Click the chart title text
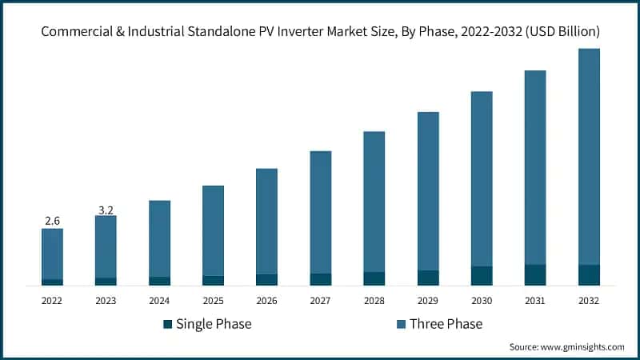(x=320, y=31)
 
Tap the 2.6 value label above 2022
(x=52, y=220)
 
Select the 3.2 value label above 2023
(x=106, y=210)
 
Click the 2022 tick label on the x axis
(x=52, y=301)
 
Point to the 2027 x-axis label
(x=320, y=301)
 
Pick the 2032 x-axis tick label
(x=589, y=301)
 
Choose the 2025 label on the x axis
(x=213, y=301)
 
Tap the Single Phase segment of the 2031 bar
(x=535, y=274)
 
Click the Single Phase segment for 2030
(x=482, y=275)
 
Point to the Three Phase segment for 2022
(x=52, y=254)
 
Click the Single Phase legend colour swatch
(x=167, y=324)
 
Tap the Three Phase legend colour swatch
(x=401, y=324)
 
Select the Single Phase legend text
(x=214, y=324)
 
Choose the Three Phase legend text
(x=446, y=324)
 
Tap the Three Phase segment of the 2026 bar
(x=266, y=221)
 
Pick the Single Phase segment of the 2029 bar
(x=428, y=278)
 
